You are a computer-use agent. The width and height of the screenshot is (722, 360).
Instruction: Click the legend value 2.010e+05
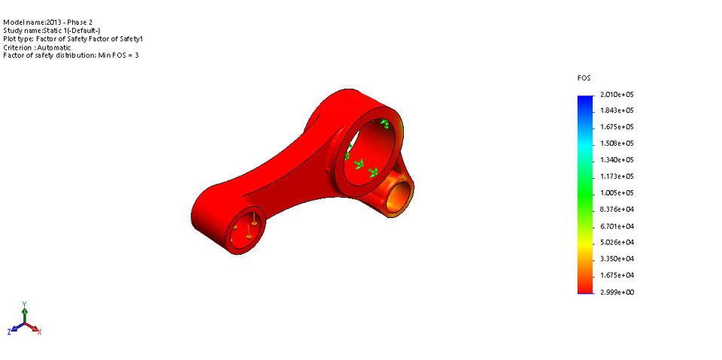click(616, 95)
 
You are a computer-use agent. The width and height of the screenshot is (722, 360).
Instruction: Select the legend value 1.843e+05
click(616, 111)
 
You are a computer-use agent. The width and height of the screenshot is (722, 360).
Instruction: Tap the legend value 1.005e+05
click(616, 193)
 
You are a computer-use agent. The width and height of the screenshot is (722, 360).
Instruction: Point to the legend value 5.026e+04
click(616, 242)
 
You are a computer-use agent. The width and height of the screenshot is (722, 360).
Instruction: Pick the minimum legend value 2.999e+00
click(616, 292)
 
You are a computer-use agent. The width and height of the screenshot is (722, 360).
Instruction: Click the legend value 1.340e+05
click(616, 160)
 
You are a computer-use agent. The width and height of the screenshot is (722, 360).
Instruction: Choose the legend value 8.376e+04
click(616, 210)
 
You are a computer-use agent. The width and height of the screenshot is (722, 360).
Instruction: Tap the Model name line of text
click(48, 23)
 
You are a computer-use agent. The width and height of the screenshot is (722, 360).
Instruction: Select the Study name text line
click(51, 31)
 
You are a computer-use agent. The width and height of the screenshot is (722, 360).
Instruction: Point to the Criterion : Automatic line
click(37, 47)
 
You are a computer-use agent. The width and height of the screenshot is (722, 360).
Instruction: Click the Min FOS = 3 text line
click(71, 56)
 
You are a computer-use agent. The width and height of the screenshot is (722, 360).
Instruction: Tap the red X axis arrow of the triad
click(35, 328)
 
